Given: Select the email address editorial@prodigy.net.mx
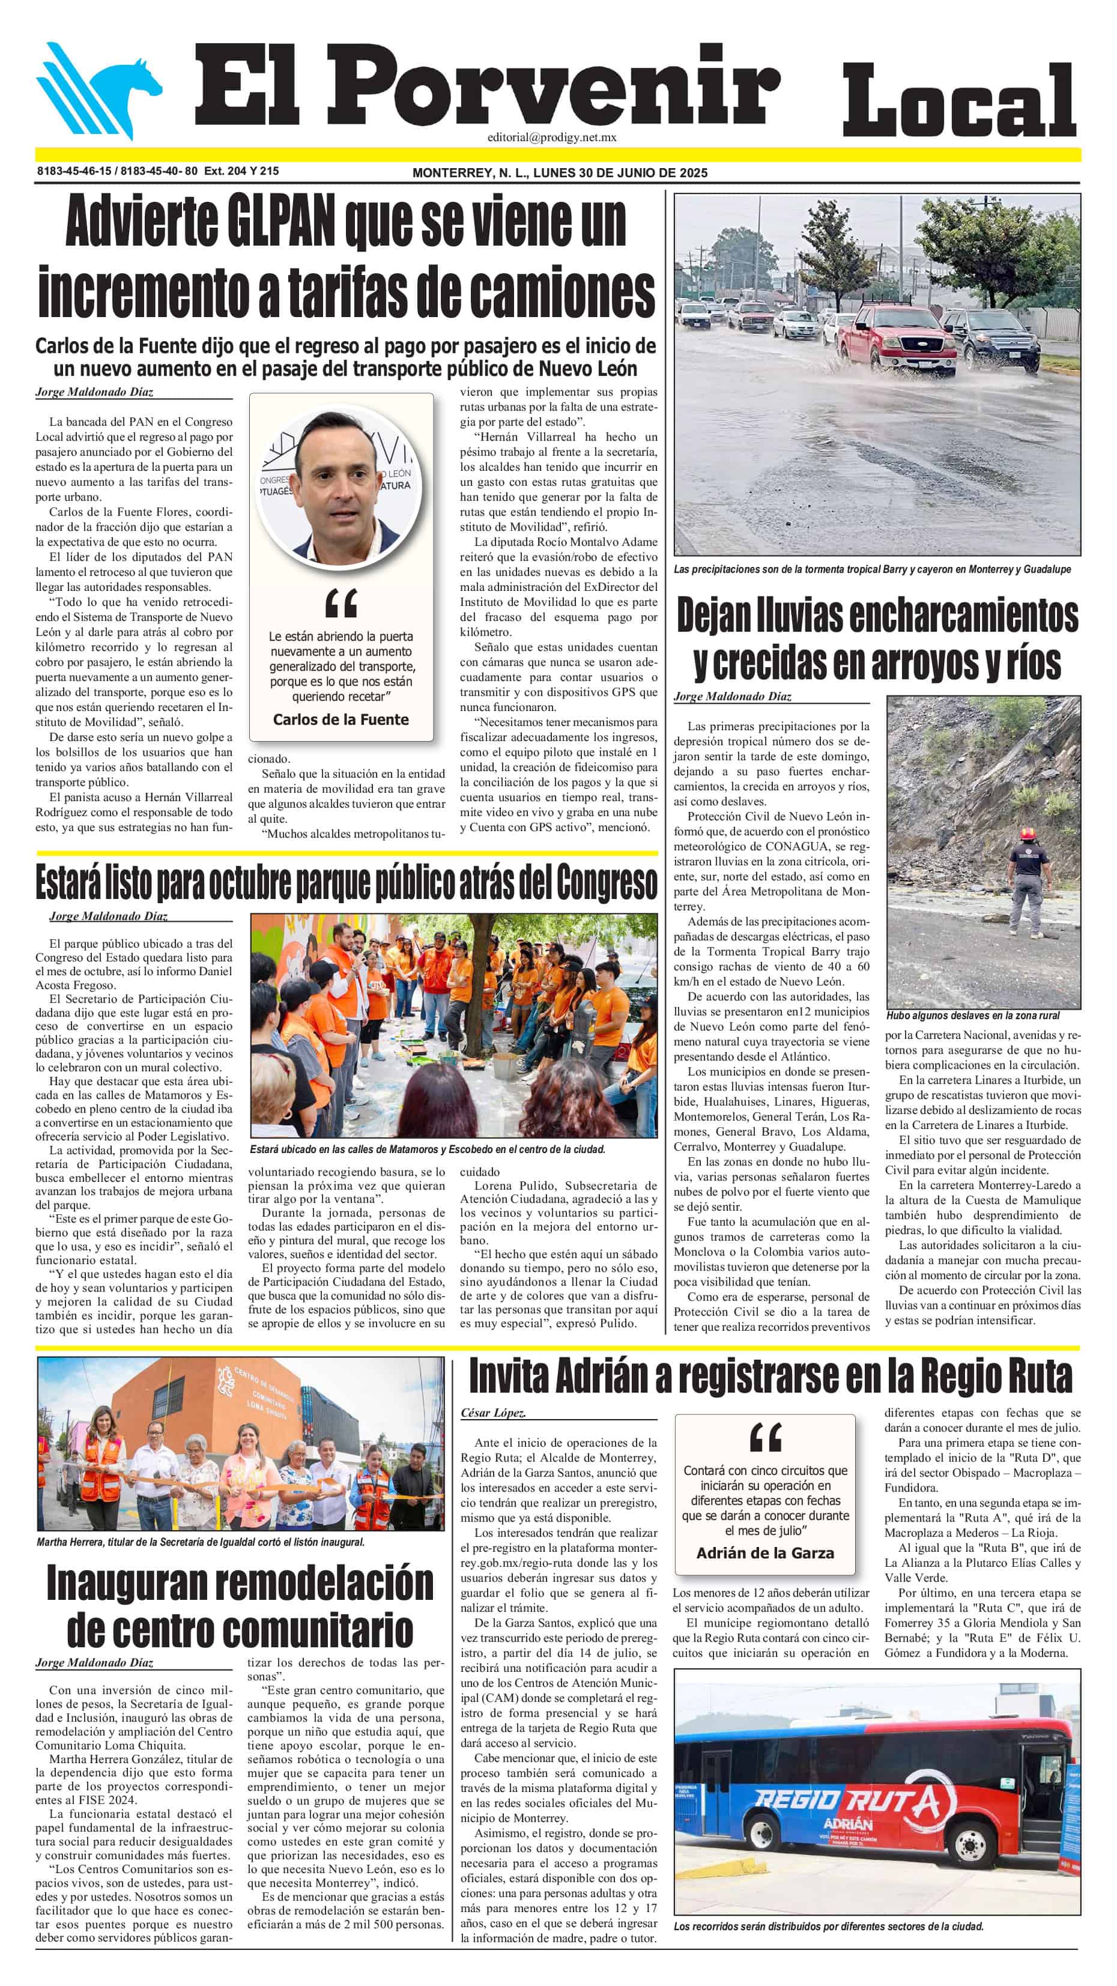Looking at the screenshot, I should (551, 138).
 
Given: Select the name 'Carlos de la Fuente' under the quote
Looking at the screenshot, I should (341, 719).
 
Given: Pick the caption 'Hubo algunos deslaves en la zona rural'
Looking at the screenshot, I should (972, 1016).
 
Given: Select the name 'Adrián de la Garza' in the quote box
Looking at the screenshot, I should (764, 1553).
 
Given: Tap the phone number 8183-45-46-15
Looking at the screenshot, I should (74, 171).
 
